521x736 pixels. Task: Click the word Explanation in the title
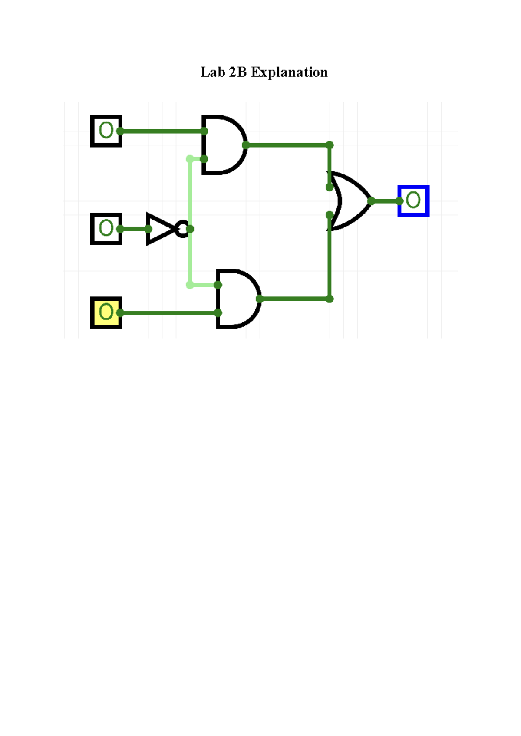pos(289,72)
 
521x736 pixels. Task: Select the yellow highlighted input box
pos(106,312)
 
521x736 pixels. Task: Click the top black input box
pos(106,131)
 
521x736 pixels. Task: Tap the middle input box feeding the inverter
pos(106,229)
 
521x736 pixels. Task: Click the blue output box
pos(413,200)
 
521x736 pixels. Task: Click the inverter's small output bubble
pos(182,229)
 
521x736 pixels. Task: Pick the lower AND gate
pos(237,299)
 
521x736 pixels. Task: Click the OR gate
pos(352,200)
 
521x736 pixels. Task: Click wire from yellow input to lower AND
pos(169,312)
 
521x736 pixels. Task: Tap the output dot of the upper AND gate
pos(245,145)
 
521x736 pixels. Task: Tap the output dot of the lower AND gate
pos(260,299)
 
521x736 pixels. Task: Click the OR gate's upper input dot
pos(330,187)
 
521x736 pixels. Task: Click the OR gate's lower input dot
pos(330,215)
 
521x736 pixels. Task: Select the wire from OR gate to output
pos(386,201)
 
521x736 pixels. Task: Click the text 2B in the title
pos(237,72)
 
